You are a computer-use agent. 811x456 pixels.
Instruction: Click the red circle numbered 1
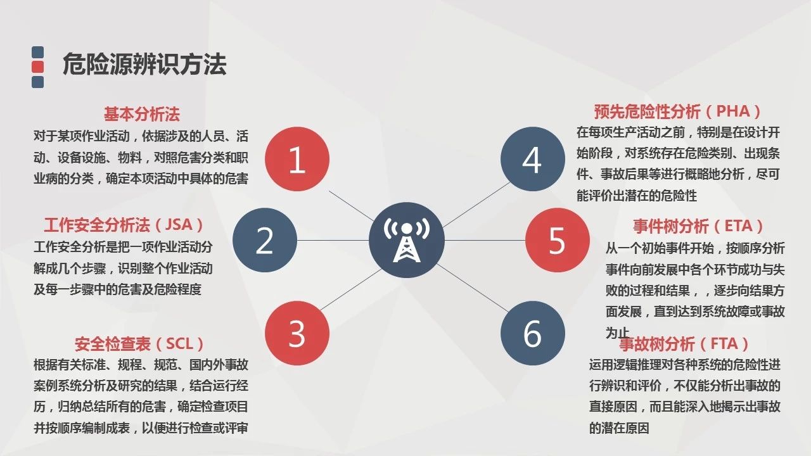pyautogui.click(x=297, y=159)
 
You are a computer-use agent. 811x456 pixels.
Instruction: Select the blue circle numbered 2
pyautogui.click(x=265, y=240)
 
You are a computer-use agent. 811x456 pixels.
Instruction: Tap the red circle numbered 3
pyautogui.click(x=297, y=333)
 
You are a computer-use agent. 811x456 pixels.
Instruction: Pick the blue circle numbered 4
pyautogui.click(x=533, y=159)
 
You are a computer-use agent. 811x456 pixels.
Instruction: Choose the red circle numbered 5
pyautogui.click(x=557, y=240)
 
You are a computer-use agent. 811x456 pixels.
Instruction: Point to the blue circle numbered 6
pyautogui.click(x=533, y=333)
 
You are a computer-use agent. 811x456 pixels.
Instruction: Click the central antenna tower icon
pyautogui.click(x=407, y=240)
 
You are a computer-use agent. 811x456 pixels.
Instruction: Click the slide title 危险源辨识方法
pyautogui.click(x=144, y=64)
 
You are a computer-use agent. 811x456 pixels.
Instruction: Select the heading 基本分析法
pyautogui.click(x=142, y=114)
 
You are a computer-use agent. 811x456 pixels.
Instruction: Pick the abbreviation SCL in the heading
pyautogui.click(x=179, y=343)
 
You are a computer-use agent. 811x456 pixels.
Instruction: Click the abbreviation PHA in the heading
pyautogui.click(x=733, y=111)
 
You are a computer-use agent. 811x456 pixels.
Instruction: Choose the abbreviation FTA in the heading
pyautogui.click(x=724, y=343)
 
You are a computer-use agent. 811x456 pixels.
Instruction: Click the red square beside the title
pyautogui.click(x=37, y=67)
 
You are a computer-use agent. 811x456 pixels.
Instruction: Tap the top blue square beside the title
pyautogui.click(x=37, y=52)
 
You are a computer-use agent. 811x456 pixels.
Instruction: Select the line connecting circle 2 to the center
pyautogui.click(x=333, y=240)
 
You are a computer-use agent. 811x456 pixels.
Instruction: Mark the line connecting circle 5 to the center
pyautogui.click(x=485, y=240)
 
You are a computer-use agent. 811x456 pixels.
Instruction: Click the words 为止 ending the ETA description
pyautogui.click(x=617, y=332)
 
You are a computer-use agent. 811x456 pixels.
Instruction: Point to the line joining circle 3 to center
pyautogui.click(x=351, y=289)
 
